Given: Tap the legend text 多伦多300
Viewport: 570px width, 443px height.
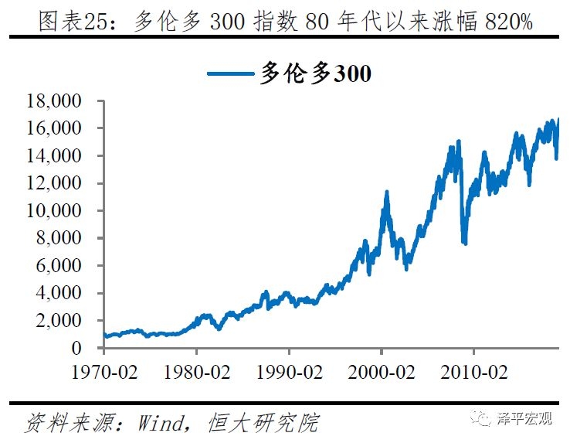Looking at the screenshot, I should click(x=316, y=74).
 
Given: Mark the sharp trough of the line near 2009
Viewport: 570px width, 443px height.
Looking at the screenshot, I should click(x=464, y=243).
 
